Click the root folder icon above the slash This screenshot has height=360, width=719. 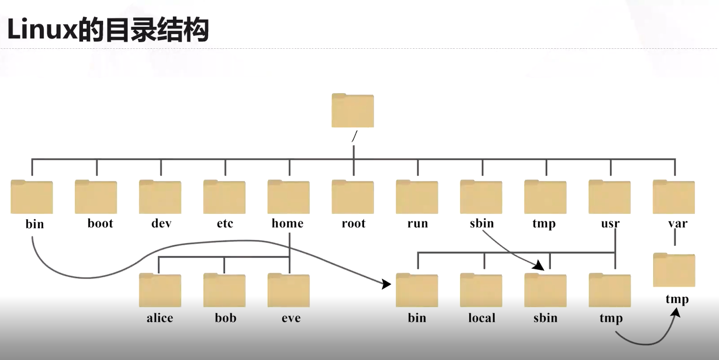[x=352, y=110]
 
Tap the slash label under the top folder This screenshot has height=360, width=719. [x=354, y=135]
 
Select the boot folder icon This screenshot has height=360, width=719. [x=96, y=197]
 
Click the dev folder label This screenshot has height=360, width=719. [x=161, y=223]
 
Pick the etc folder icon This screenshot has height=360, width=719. [x=224, y=197]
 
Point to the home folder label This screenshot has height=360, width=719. [x=288, y=223]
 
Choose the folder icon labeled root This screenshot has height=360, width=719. [x=352, y=197]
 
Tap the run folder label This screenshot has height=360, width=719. [x=417, y=223]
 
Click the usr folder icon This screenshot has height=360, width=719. [x=609, y=197]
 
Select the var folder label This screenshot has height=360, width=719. [x=678, y=223]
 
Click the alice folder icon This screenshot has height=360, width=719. [x=160, y=290]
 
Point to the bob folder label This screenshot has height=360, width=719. [x=225, y=318]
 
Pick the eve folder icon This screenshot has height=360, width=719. [x=289, y=290]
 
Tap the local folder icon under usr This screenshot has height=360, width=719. [x=481, y=290]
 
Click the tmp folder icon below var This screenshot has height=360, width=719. [x=674, y=270]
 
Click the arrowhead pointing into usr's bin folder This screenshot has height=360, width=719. [x=386, y=285]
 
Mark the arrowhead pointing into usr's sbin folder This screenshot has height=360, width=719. [x=540, y=265]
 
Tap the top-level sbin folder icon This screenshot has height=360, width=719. [x=481, y=197]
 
